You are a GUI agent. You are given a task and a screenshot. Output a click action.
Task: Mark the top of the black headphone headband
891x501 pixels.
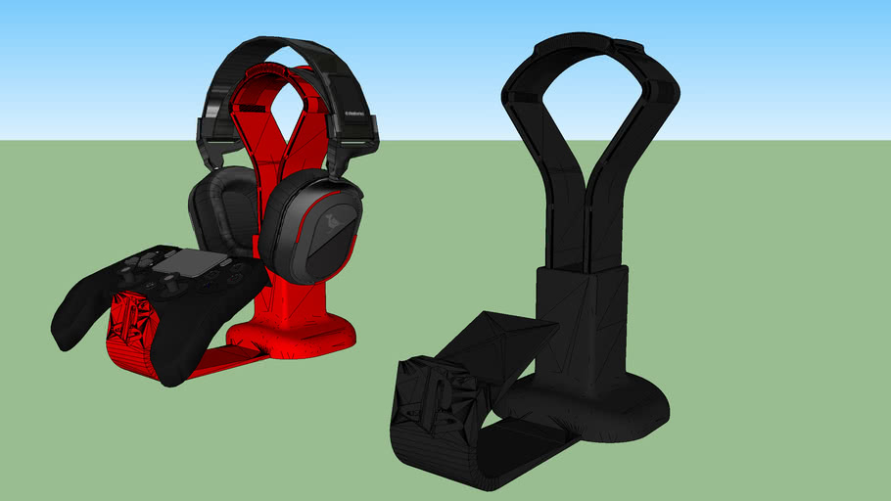(x=284, y=50)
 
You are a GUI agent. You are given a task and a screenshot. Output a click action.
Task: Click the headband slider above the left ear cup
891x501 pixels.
(x=210, y=137)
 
